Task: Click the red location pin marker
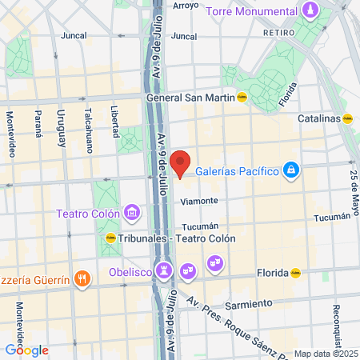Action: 181,162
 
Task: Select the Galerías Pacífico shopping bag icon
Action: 292,170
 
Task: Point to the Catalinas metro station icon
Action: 347,118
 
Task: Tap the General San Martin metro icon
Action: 242,98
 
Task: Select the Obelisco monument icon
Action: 165,270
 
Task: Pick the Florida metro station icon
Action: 296,273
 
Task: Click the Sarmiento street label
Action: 245,305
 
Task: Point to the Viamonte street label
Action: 199,202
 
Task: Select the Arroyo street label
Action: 186,6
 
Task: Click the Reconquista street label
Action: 338,312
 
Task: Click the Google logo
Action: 26,350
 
